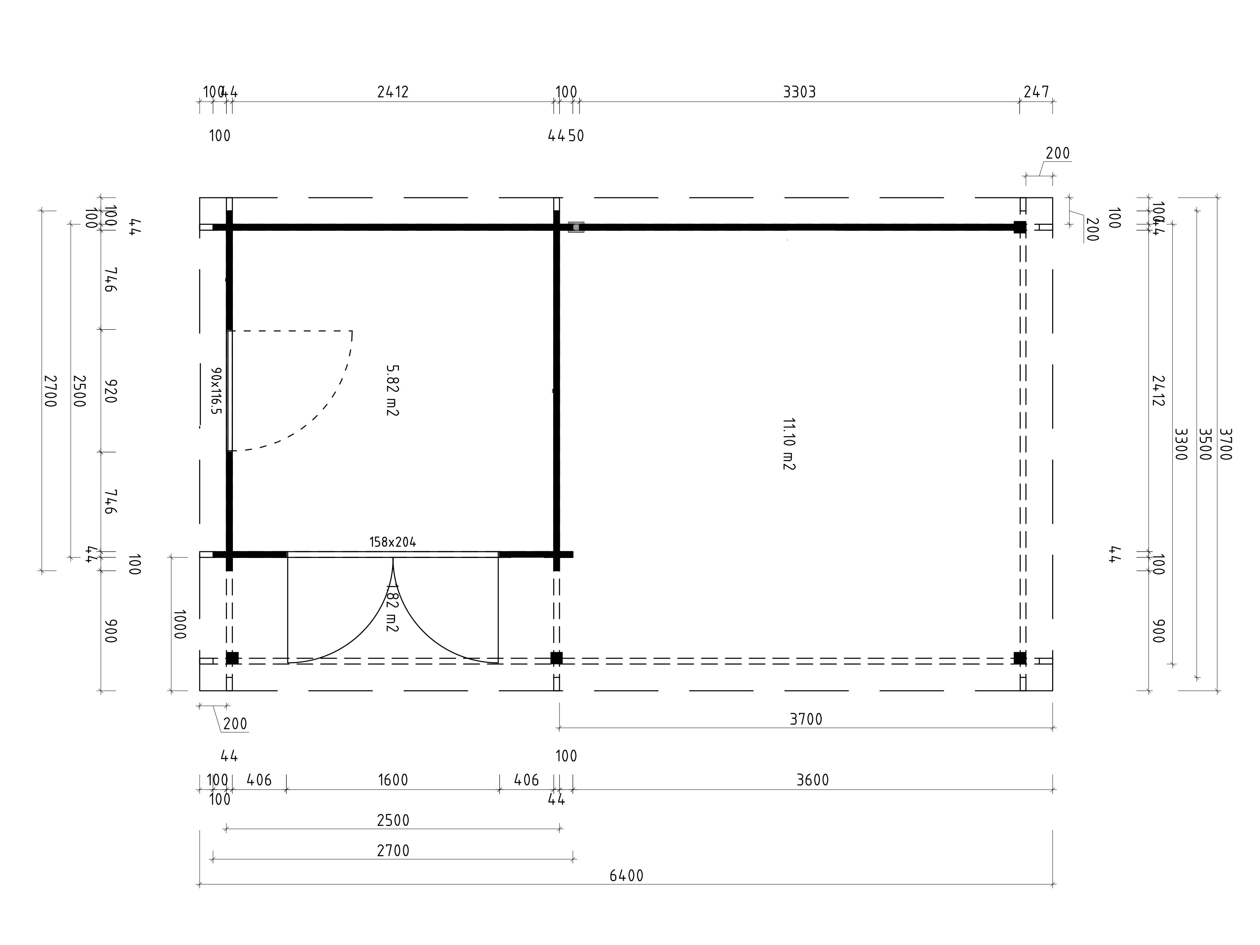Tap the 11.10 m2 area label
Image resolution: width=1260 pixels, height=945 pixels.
[788, 444]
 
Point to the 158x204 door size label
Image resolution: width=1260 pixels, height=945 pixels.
[392, 542]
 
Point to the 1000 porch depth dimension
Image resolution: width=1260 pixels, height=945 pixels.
[179, 624]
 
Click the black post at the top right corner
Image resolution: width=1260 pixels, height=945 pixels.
[1020, 227]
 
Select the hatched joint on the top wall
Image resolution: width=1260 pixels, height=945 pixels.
[576, 227]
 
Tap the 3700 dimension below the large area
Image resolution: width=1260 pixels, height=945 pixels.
[806, 720]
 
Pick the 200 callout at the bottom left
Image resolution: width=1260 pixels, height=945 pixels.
[235, 724]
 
